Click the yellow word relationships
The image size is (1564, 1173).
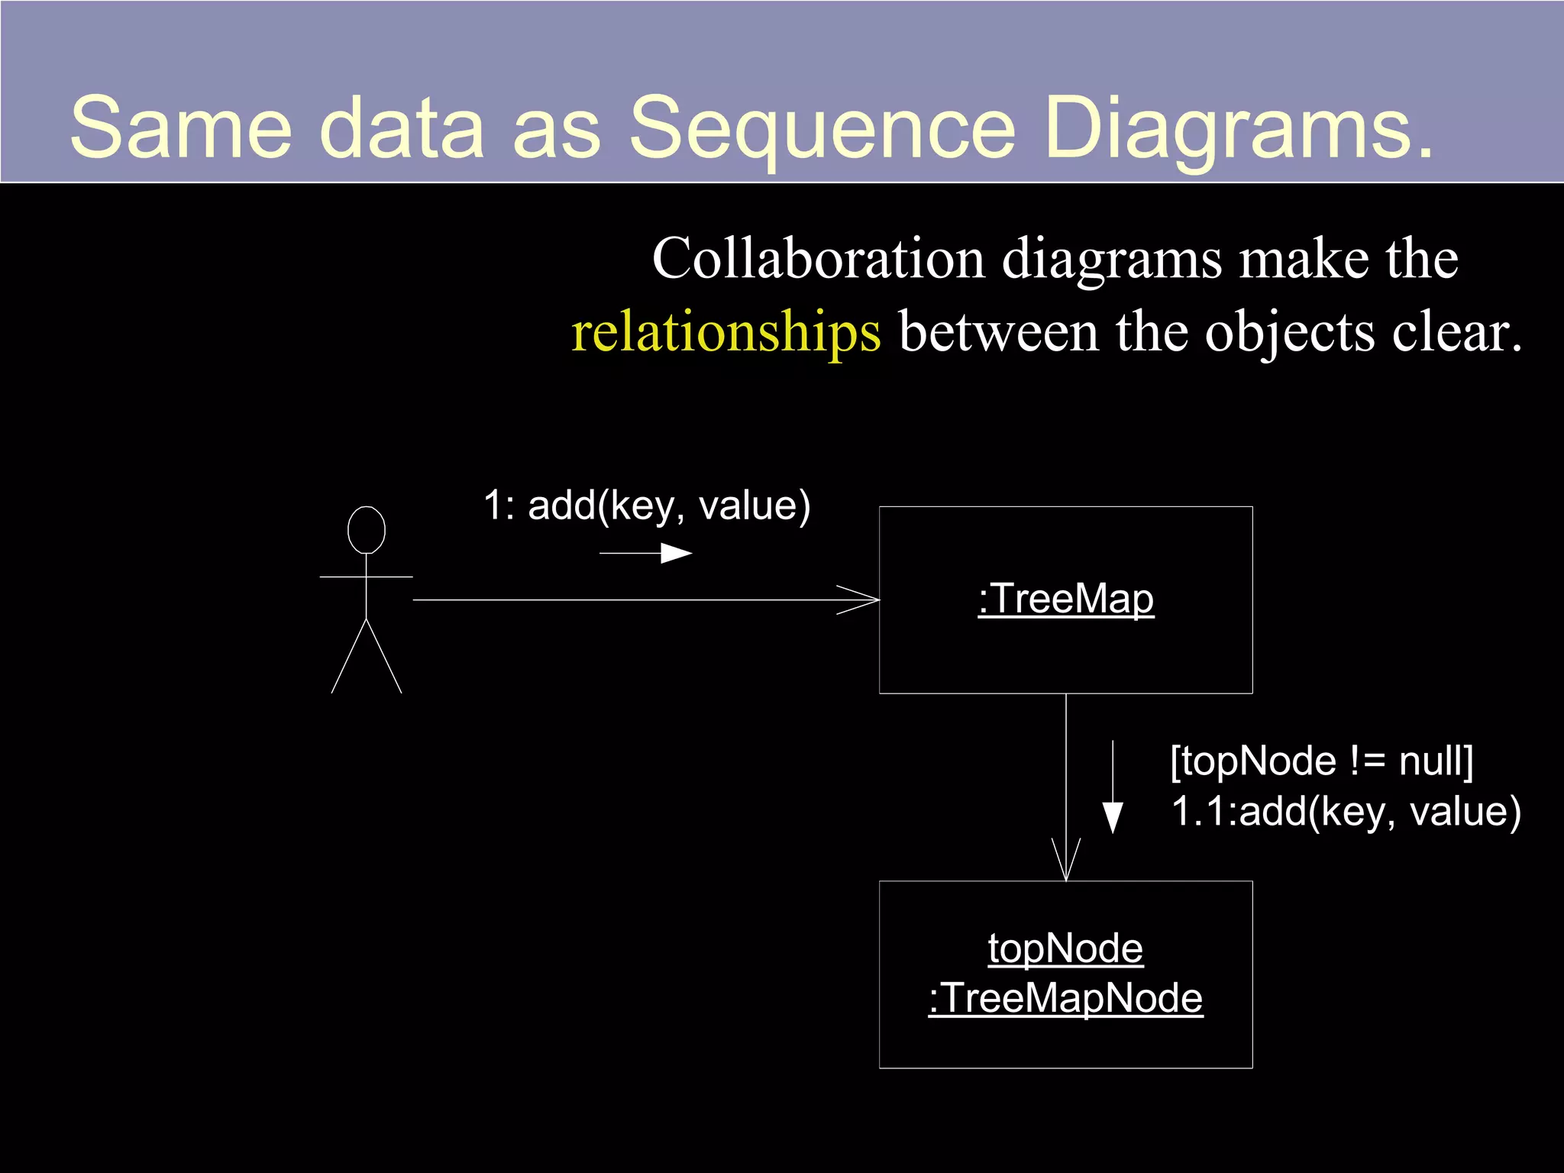click(x=725, y=333)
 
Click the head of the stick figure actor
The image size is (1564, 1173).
click(x=367, y=529)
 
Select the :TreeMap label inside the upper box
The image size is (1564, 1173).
click(x=1065, y=599)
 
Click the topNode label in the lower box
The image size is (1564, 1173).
click(x=1065, y=948)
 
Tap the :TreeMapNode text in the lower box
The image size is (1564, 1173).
click(x=1065, y=998)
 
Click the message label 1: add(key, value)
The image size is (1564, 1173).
click(x=646, y=506)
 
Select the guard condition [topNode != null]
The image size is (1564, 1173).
click(x=1321, y=761)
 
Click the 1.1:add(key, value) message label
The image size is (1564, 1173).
click(x=1346, y=811)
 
